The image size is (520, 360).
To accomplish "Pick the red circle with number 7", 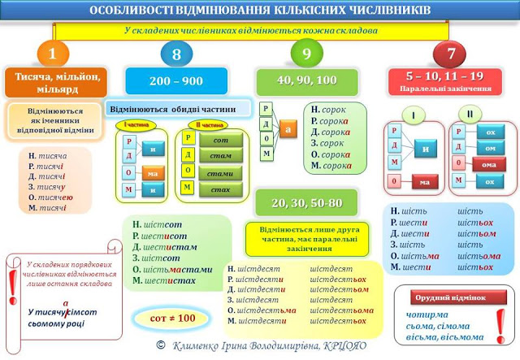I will [x=450, y=54].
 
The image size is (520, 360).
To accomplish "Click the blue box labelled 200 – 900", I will [x=176, y=81].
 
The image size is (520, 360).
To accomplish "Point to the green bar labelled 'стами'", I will [x=220, y=173].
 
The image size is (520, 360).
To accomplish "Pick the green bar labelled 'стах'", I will [x=220, y=189].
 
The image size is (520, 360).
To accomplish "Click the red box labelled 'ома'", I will [x=489, y=165].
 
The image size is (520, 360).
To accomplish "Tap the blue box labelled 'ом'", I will [x=490, y=148].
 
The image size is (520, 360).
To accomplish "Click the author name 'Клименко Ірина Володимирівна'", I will [x=252, y=345].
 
